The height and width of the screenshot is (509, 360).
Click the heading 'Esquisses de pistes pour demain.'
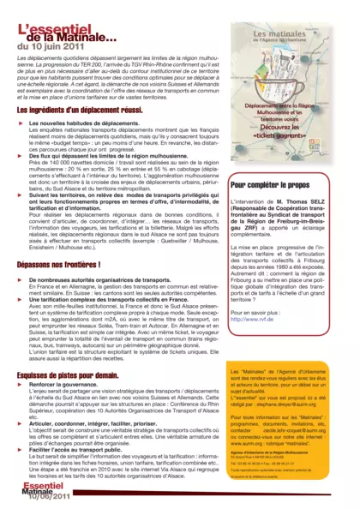click(68, 374)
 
